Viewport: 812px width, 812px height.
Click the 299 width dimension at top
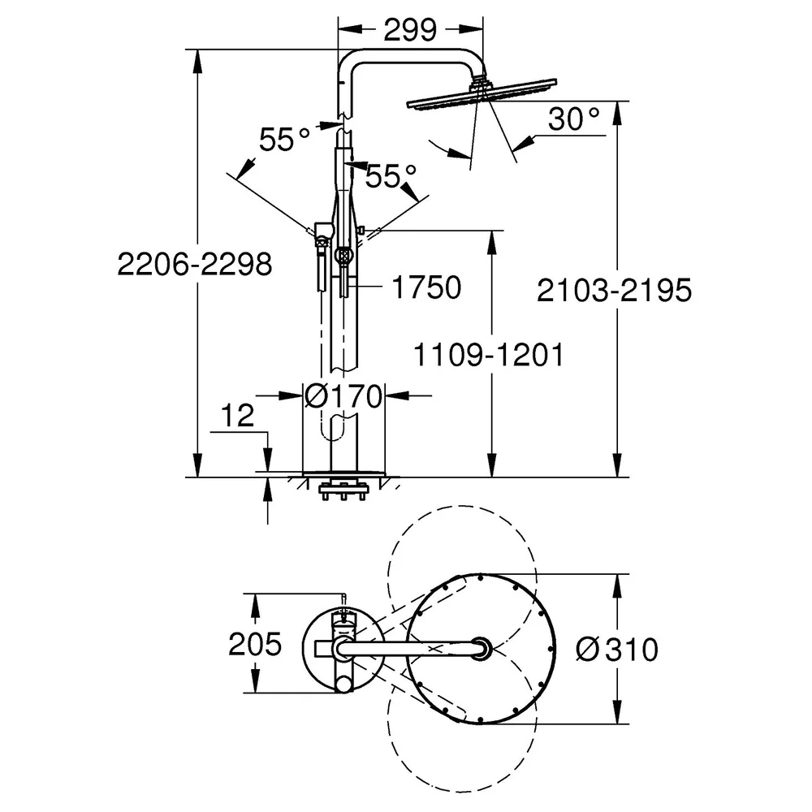click(409, 30)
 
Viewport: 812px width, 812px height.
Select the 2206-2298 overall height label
click(194, 264)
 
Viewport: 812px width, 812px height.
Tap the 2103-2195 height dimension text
click(614, 290)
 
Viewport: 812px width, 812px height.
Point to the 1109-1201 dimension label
click(488, 355)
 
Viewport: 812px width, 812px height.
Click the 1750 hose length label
click(427, 287)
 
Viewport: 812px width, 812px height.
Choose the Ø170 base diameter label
click(343, 396)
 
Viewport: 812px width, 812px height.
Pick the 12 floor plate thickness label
click(238, 415)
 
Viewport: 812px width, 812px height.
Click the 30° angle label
click(573, 119)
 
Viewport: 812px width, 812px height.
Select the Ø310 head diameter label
click(617, 649)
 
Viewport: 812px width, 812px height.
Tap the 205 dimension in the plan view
click(255, 644)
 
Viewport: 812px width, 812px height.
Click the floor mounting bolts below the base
click(343, 490)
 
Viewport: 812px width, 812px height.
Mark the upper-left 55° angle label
click(284, 140)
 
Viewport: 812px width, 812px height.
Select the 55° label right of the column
click(391, 176)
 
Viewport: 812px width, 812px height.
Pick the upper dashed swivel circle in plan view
click(461, 506)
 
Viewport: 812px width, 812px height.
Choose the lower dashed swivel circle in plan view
click(461, 791)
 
